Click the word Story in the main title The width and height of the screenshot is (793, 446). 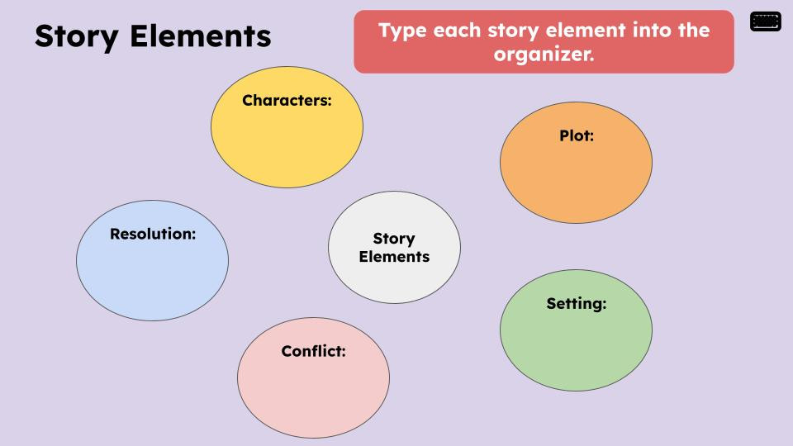(x=76, y=37)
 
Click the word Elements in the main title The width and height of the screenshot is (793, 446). (x=200, y=36)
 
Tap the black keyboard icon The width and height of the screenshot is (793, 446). (x=765, y=21)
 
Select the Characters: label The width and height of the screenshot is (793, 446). (x=287, y=100)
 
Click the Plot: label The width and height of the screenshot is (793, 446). (x=577, y=135)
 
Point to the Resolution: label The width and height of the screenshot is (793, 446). (x=153, y=234)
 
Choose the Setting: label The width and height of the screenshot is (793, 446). (x=576, y=304)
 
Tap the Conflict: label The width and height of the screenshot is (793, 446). (x=314, y=351)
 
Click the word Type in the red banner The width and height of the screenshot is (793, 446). (x=403, y=31)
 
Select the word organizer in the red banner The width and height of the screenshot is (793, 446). (x=544, y=55)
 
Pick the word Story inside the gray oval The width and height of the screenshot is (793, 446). (x=394, y=239)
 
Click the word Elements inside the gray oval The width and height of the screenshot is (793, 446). (x=394, y=257)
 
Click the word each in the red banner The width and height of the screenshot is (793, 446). (x=457, y=30)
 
